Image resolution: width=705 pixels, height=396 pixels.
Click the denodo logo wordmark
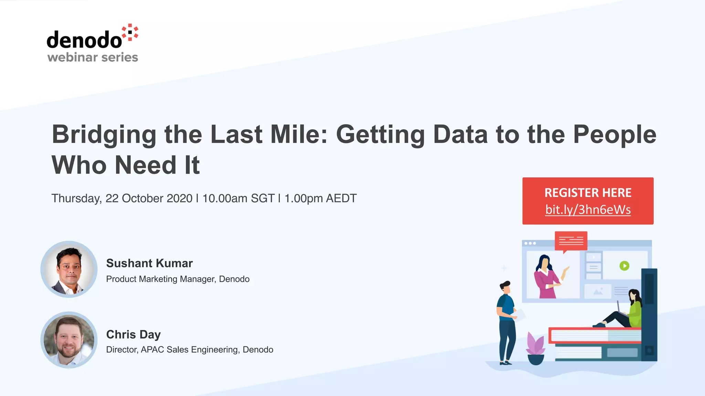pos(84,40)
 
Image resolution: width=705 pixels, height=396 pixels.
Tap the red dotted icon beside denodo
pos(130,33)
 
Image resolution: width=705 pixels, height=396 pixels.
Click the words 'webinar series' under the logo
pos(93,57)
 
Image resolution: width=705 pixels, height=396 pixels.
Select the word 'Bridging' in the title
pos(104,134)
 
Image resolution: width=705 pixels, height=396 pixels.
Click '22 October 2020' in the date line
pos(149,198)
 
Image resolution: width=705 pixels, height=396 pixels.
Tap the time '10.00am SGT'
pos(238,198)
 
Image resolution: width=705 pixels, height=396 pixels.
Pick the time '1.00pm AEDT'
pos(320,198)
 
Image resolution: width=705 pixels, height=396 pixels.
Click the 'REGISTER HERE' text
pos(588,192)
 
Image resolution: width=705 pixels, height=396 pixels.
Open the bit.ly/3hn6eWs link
pos(588,209)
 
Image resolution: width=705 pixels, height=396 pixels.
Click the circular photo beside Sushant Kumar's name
pos(69,269)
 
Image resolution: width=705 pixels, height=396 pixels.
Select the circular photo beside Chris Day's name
pos(69,340)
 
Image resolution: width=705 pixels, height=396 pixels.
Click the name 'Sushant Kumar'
pos(149,263)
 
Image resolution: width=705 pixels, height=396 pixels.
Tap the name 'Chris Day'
pos(133,334)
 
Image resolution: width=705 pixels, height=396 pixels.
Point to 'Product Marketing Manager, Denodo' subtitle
pos(178,279)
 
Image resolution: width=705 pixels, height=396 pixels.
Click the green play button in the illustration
pos(624,266)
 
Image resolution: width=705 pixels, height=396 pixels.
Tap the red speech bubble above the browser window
pos(571,241)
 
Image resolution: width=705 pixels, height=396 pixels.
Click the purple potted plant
pos(536,348)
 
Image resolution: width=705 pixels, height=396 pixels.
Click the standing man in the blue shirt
pos(506,322)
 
